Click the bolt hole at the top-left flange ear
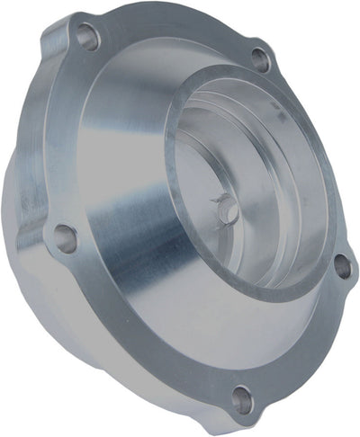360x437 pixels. pyautogui.click(x=87, y=37)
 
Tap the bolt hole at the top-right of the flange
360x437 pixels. pyautogui.click(x=260, y=60)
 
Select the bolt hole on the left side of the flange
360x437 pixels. pyautogui.click(x=64, y=237)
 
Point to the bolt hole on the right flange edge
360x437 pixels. pyautogui.click(x=342, y=265)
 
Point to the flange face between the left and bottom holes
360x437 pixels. pyautogui.click(x=135, y=342)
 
